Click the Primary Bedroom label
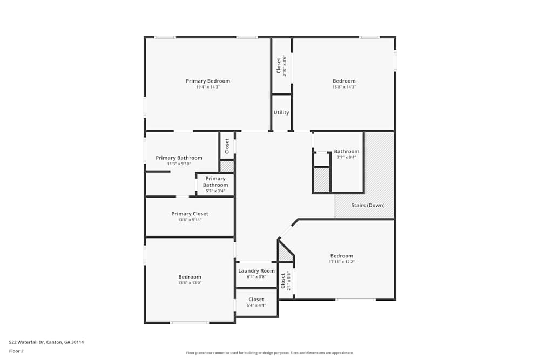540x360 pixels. pos(208,81)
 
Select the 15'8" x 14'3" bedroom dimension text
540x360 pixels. pos(344,87)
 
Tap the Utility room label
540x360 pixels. pos(281,112)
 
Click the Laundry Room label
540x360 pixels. pos(256,271)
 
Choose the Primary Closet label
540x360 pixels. pos(190,214)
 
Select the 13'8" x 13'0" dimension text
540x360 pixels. pos(190,283)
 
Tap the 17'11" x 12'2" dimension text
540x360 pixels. pos(342,262)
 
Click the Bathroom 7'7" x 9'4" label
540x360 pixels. pos(346,151)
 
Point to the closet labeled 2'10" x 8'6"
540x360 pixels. pos(281,65)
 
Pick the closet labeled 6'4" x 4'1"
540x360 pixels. pos(256,300)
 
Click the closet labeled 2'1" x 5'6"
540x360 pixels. pos(285,281)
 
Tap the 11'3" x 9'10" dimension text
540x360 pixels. pos(179,164)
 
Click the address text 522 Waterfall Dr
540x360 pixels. pos(46,342)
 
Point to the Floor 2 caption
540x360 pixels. pos(16,351)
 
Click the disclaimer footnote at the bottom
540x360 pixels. pos(270,353)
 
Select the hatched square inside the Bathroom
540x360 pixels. pos(322,180)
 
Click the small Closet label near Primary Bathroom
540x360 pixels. pos(227,145)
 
